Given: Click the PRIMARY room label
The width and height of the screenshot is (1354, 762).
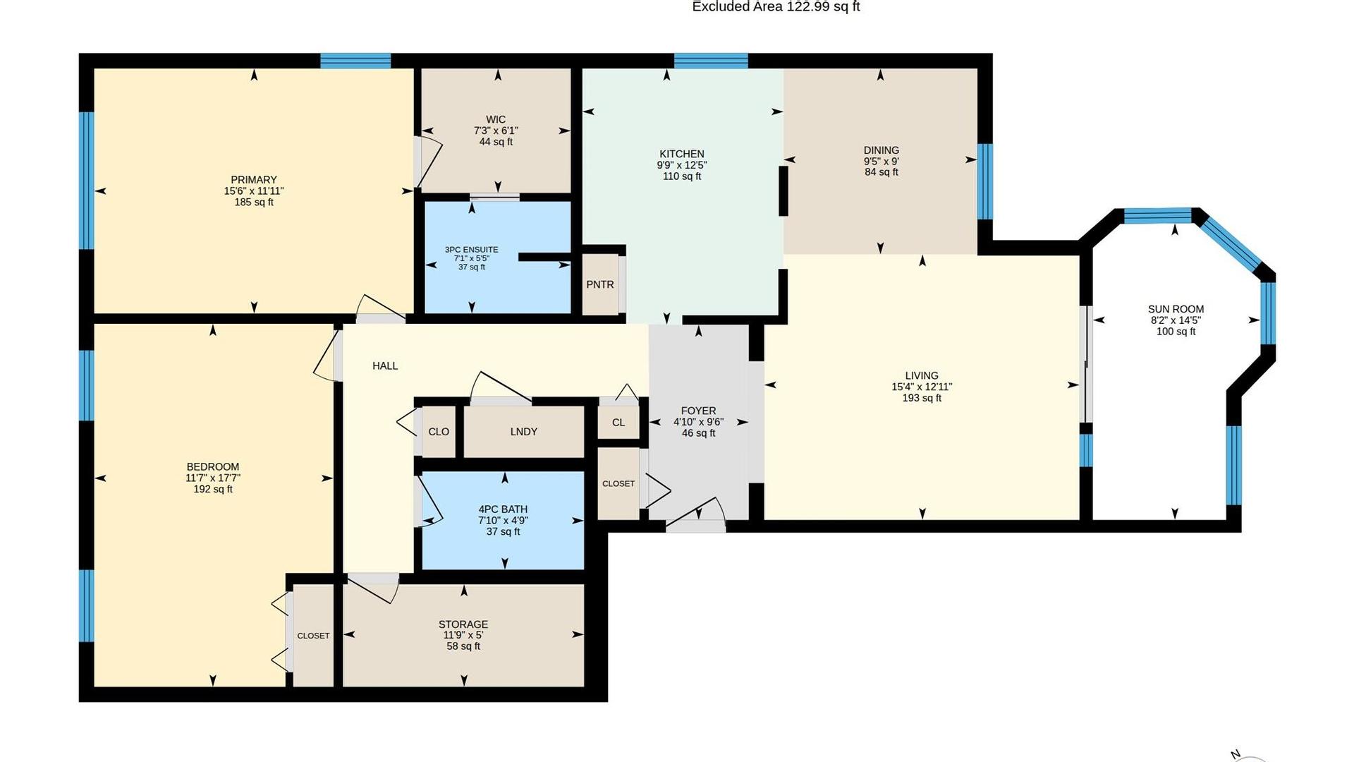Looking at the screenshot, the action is [x=254, y=180].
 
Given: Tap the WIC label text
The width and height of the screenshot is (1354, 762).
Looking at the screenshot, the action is [x=496, y=120].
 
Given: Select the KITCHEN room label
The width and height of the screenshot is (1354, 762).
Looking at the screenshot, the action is [x=682, y=154].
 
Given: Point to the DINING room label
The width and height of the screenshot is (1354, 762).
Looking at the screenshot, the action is [x=882, y=150].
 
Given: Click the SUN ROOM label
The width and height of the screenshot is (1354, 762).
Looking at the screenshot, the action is [x=1176, y=309].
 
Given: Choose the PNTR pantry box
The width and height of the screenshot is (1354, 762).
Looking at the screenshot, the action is [x=600, y=284].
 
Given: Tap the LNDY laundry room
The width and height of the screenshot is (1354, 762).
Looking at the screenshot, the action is [x=524, y=432].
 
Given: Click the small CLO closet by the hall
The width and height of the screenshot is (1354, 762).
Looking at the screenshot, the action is [x=439, y=432].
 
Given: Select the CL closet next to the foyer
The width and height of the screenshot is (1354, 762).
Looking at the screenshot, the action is [x=618, y=423].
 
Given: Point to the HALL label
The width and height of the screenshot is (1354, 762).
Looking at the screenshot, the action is [x=385, y=365].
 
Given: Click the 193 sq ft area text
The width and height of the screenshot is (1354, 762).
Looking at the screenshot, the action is [x=922, y=398].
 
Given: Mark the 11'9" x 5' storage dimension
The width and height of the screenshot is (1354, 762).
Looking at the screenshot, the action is [x=463, y=635].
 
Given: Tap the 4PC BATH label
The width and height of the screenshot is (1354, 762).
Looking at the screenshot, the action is [x=503, y=509].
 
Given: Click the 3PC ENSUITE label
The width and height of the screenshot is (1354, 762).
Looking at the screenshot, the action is [x=472, y=250].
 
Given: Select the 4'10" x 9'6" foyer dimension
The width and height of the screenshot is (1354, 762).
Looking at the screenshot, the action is [x=698, y=422].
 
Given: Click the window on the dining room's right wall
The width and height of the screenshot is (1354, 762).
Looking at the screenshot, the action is [x=985, y=182].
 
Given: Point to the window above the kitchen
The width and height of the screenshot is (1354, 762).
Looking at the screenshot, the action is [x=711, y=61].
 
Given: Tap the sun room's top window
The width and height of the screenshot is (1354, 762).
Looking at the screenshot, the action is [x=1157, y=216].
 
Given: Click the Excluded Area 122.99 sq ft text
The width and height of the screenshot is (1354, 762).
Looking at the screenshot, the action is [x=776, y=7].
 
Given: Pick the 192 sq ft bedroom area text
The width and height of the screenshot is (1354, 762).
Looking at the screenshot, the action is [x=213, y=489].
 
